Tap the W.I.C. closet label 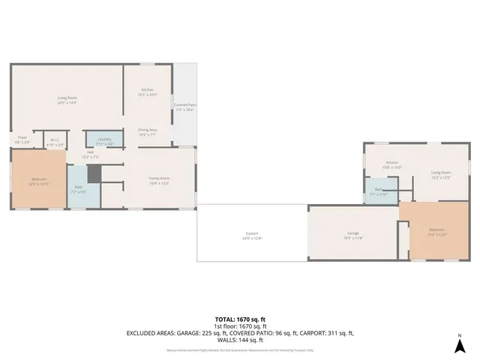(x=55, y=140)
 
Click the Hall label (x=90, y=154)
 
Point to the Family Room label (x=159, y=179)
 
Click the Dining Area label (x=147, y=131)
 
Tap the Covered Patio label (x=184, y=106)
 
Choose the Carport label (x=252, y=235)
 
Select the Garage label (x=352, y=235)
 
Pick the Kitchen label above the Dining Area (x=148, y=91)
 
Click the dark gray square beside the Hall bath (x=93, y=174)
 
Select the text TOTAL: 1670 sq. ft (x=240, y=319)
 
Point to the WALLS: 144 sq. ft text (x=240, y=339)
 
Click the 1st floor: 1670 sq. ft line (x=240, y=325)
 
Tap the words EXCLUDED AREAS (x=154, y=332)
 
